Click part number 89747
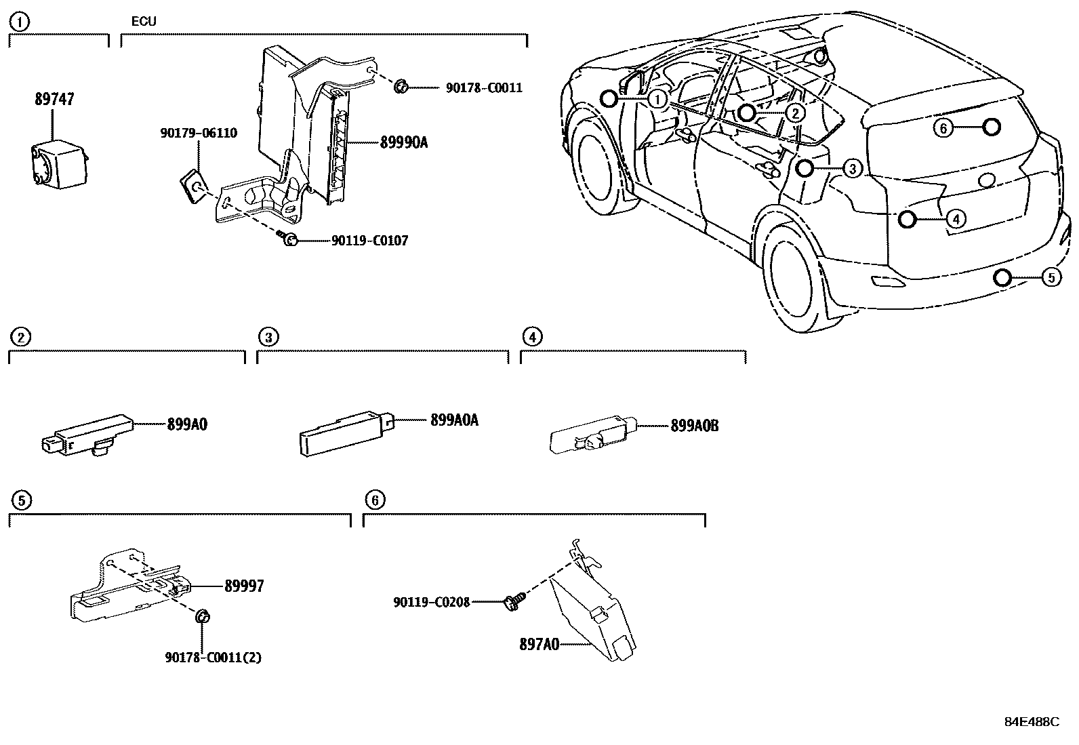[x=54, y=100]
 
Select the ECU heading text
[x=144, y=22]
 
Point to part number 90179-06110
[x=199, y=134]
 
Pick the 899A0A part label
[x=454, y=420]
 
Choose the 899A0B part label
[x=694, y=426]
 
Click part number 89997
[x=244, y=586]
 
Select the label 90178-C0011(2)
[x=213, y=657]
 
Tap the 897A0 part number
[x=539, y=644]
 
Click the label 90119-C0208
[x=432, y=601]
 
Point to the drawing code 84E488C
[x=1031, y=722]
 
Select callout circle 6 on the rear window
[x=943, y=127]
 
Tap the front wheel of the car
[x=600, y=168]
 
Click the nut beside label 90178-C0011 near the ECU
[x=400, y=86]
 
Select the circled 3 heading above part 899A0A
[x=268, y=337]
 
